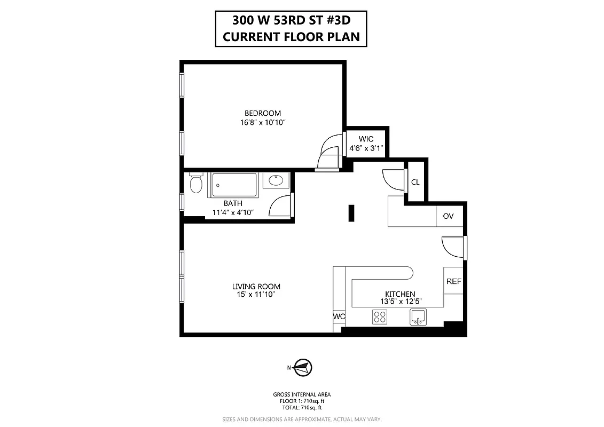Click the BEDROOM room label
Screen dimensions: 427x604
pyautogui.click(x=263, y=113)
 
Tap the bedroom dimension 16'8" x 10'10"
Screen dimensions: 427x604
pyautogui.click(x=263, y=122)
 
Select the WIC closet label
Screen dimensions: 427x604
pyautogui.click(x=366, y=139)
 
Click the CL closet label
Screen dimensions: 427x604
pyautogui.click(x=415, y=182)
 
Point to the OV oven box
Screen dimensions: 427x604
pyautogui.click(x=449, y=216)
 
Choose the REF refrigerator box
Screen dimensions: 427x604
pyautogui.click(x=453, y=281)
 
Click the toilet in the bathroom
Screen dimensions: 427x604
pyautogui.click(x=195, y=184)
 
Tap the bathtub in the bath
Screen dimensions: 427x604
pyautogui.click(x=235, y=185)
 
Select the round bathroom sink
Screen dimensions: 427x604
pyautogui.click(x=277, y=180)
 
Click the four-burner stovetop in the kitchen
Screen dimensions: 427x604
pyautogui.click(x=380, y=318)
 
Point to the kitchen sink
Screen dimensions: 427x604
pyautogui.click(x=419, y=317)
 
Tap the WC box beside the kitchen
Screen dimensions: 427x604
pyautogui.click(x=339, y=317)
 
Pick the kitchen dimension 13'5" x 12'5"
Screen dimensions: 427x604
pyautogui.click(x=400, y=301)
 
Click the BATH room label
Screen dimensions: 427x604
pyautogui.click(x=233, y=203)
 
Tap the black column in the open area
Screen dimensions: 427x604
pyautogui.click(x=351, y=213)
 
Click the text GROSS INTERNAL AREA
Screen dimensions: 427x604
pyautogui.click(x=302, y=395)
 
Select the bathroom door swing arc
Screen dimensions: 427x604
pyautogui.click(x=279, y=206)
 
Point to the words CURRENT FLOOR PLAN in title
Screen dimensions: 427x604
pyautogui.click(x=291, y=37)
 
